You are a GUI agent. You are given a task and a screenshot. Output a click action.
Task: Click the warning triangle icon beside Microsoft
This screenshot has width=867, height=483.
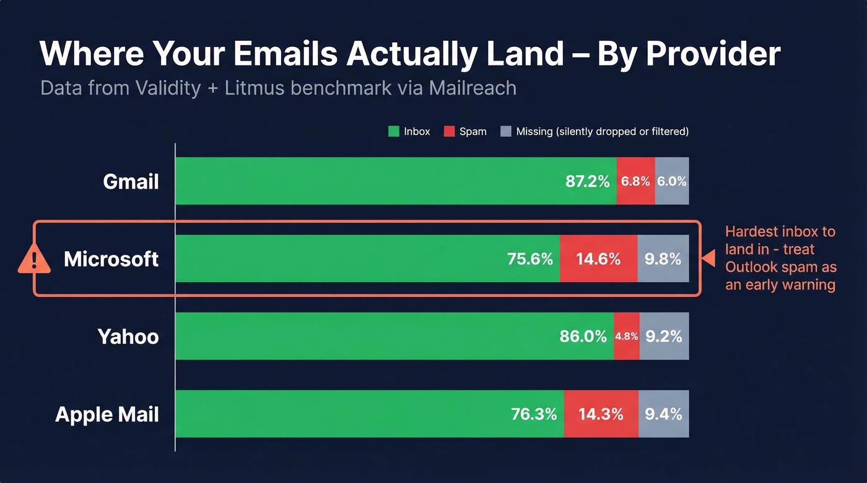(x=34, y=259)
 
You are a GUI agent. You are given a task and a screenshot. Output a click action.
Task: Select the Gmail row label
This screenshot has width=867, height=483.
(x=131, y=181)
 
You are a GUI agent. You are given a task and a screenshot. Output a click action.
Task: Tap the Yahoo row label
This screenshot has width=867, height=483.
(x=128, y=336)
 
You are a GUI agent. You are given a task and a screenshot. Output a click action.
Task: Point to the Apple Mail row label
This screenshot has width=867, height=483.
(x=107, y=414)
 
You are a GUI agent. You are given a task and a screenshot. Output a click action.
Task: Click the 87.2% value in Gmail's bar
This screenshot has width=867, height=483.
(x=587, y=181)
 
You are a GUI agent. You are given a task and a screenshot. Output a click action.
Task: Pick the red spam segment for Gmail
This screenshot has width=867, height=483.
(x=635, y=181)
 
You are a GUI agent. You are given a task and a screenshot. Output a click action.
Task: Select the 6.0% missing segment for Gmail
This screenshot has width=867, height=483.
(x=672, y=181)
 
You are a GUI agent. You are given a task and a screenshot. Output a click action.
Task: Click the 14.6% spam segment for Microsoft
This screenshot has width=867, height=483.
(x=598, y=259)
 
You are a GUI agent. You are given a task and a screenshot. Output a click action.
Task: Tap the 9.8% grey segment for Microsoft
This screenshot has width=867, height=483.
(x=663, y=259)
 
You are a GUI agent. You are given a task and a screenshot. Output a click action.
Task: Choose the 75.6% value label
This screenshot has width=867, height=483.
(x=529, y=259)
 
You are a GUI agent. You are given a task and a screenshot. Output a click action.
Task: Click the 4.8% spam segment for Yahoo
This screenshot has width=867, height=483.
(x=626, y=336)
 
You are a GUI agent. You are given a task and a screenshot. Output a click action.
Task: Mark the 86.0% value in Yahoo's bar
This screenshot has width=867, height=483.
(x=583, y=336)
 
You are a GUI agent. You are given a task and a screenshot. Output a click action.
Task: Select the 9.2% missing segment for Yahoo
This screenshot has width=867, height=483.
(x=664, y=336)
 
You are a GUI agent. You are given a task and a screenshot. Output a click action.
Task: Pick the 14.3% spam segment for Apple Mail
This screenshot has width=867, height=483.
(x=601, y=414)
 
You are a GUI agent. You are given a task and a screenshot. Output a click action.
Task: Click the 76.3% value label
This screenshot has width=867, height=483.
(x=534, y=414)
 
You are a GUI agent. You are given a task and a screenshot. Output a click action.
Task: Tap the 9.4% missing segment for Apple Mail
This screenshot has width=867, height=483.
(x=663, y=414)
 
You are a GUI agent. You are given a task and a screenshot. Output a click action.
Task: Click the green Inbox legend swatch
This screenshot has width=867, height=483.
(x=393, y=132)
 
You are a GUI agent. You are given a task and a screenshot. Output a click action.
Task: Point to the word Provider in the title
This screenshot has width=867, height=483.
(x=713, y=54)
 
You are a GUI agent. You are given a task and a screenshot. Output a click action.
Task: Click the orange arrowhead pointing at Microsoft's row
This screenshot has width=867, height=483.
(x=708, y=259)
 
